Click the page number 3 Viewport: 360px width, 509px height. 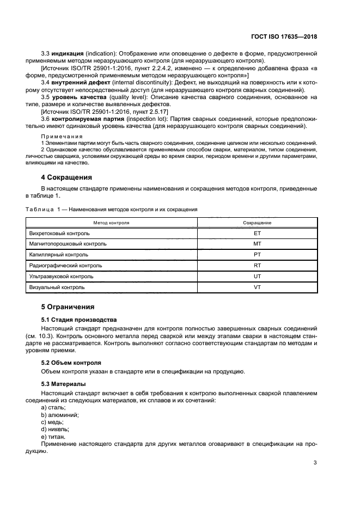click(315, 463)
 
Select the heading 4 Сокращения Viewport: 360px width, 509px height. click(67, 177)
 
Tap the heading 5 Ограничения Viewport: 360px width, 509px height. click(68, 306)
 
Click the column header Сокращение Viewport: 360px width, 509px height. click(258, 223)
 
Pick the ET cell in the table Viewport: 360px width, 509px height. click(258, 233)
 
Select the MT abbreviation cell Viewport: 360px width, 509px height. click(258, 244)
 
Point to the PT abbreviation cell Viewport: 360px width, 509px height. click(258, 254)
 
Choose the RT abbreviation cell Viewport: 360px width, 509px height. click(258, 265)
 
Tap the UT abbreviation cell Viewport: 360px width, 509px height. click(258, 276)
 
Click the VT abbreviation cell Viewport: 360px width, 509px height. click(258, 286)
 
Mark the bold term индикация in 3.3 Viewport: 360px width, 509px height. click(67, 54)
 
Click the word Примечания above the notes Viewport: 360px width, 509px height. click(62, 136)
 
